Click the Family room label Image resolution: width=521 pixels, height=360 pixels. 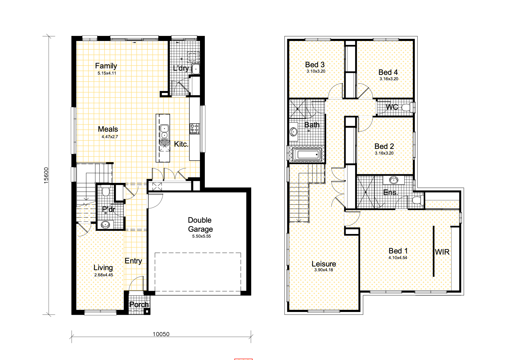106,66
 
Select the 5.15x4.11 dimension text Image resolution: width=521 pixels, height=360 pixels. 107,73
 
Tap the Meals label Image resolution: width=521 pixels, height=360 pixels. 108,129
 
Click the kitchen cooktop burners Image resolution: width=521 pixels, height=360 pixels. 194,129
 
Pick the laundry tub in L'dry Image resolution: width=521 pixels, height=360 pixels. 196,69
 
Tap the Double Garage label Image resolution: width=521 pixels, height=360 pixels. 200,225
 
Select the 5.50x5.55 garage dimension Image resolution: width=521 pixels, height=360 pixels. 201,236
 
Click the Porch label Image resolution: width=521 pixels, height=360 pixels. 139,305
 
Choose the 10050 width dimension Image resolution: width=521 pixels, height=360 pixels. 161,334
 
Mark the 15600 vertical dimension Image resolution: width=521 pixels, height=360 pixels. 46,175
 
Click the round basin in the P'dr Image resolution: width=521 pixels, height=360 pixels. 105,225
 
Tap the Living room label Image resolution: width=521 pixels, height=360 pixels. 103,268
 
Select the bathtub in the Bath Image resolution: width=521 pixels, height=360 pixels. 307,155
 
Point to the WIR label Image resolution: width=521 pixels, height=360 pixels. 442,252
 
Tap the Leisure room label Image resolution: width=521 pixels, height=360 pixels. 324,264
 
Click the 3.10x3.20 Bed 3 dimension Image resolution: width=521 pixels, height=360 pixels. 316,71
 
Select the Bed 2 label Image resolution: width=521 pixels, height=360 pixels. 384,146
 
